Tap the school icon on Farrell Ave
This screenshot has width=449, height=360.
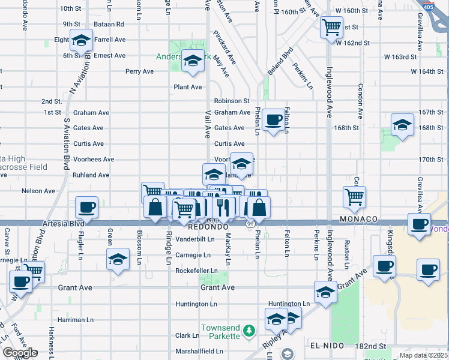tap(81, 40)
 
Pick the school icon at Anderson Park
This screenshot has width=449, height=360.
tap(193, 61)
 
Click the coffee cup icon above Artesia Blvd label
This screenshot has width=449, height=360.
tap(87, 208)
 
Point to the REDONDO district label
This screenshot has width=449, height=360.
tap(208, 228)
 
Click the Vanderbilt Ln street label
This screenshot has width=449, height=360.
tap(195, 239)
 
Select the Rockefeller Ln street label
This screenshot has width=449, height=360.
tap(196, 271)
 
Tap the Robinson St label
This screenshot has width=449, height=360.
tap(232, 101)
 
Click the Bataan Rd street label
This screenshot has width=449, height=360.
tap(111, 24)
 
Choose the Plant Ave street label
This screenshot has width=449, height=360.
tap(187, 87)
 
